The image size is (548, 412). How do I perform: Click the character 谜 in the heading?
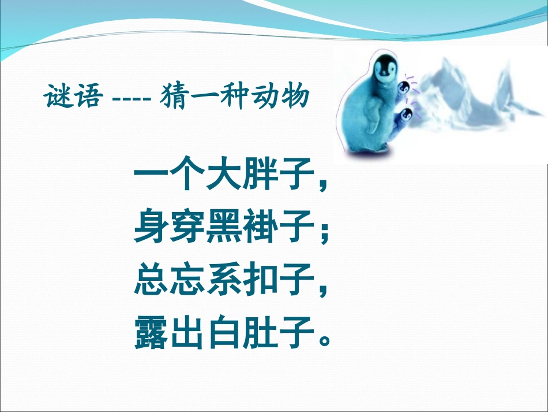point(58,96)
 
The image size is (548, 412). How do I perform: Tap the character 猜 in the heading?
point(177,96)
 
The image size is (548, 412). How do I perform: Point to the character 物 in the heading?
point(295,96)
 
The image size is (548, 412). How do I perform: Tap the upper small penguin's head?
point(406,88)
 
